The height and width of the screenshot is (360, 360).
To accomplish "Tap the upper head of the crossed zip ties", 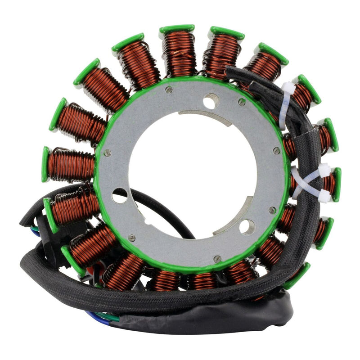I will [324, 170].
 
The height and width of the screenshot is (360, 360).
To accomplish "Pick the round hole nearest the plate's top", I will [210, 102].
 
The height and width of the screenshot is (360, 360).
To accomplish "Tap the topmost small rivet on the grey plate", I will [169, 90].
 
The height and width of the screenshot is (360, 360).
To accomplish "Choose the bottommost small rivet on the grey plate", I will [217, 259].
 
